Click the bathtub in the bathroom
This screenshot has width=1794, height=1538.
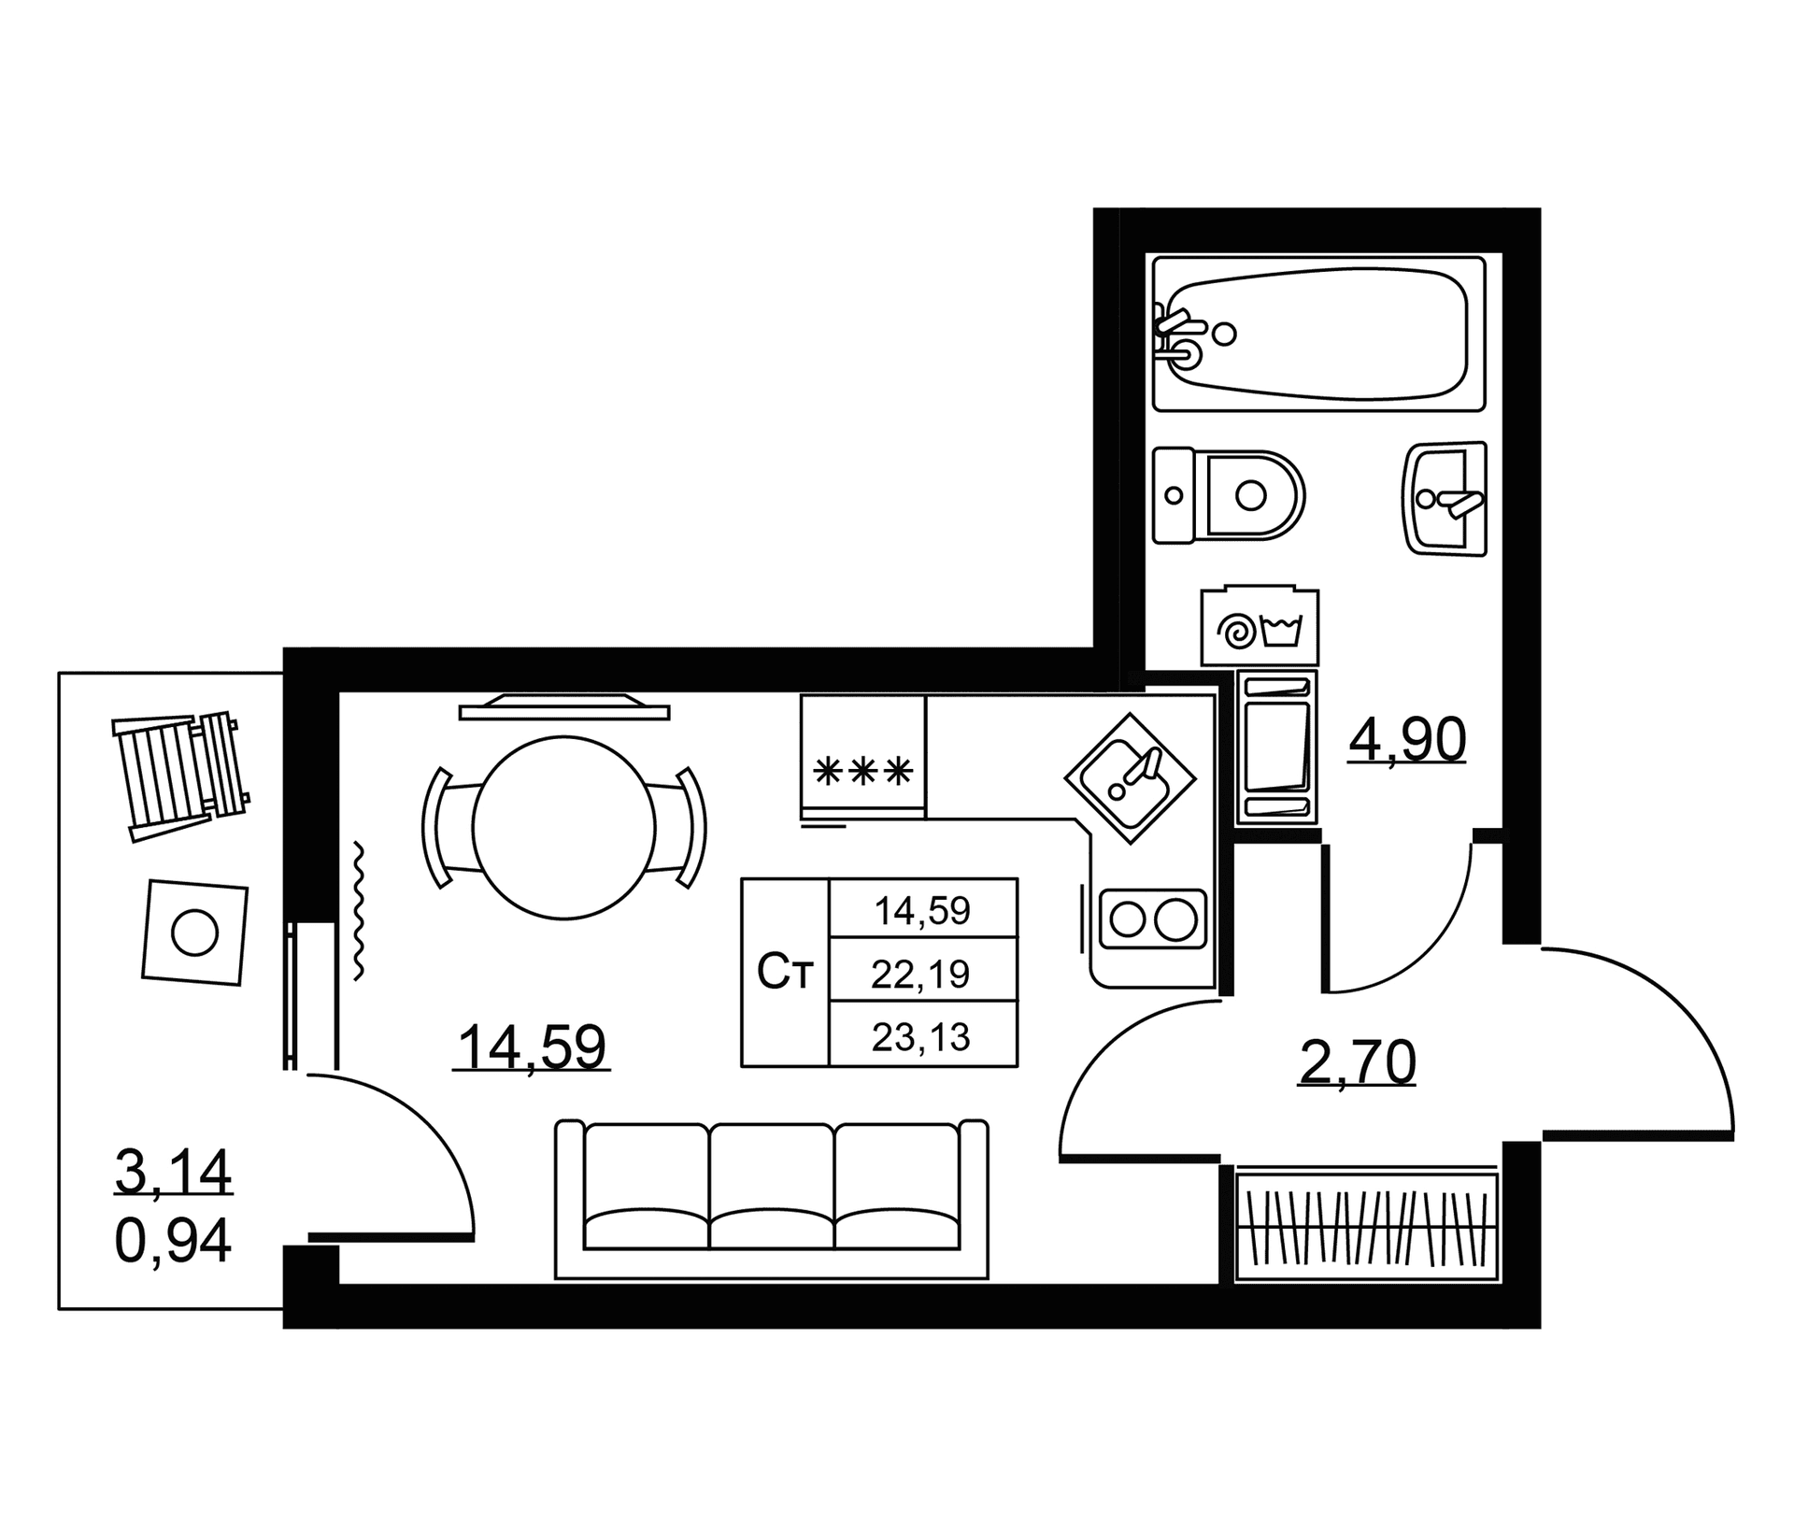coord(1318,334)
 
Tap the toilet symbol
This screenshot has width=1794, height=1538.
coord(1228,495)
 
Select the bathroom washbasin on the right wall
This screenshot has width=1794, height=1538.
coord(1445,499)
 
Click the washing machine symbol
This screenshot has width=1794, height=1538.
coord(1260,627)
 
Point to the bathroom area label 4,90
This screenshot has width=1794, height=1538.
coord(1407,741)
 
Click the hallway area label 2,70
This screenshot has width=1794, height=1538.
coord(1357,1063)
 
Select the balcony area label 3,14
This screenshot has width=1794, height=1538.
coord(173,1173)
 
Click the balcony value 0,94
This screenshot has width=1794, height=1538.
coord(173,1241)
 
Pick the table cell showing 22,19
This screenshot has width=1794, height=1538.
coord(921,975)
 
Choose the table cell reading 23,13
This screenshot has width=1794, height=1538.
coord(921,1036)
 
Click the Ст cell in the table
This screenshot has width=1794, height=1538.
coord(785,973)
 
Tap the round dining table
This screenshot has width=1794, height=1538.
coord(564,828)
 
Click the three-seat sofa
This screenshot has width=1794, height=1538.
coord(772,1199)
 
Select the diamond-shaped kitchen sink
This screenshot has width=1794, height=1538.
coord(1131,778)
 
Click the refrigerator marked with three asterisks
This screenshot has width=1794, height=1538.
coord(863,757)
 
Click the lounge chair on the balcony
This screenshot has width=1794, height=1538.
coord(179,776)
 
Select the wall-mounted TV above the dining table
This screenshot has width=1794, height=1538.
coord(564,707)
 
